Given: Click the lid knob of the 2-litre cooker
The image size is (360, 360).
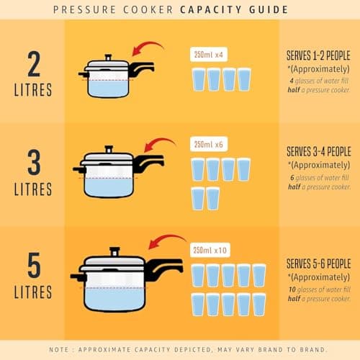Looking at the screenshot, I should pos(108,56).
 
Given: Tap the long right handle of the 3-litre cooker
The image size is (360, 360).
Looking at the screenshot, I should pos(152,165).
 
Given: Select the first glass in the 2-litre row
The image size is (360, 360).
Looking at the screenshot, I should pos(198,79).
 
